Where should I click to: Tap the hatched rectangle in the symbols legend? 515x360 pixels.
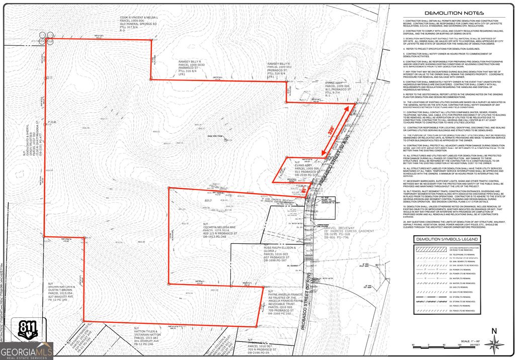pyautogui.click(x=430, y=248)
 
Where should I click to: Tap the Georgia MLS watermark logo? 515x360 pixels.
pyautogui.click(x=26, y=350)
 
